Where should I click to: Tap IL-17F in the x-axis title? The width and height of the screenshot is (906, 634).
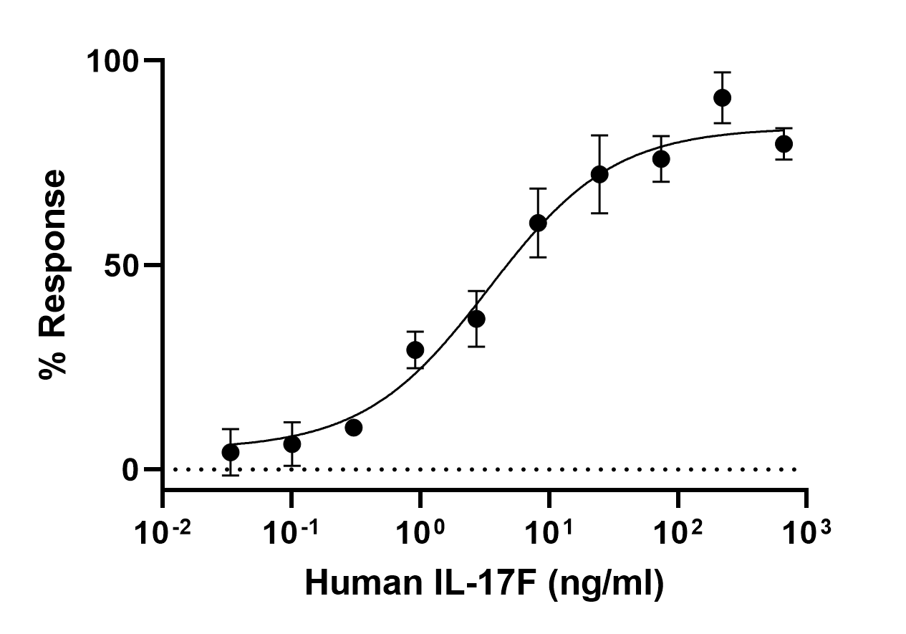(477, 583)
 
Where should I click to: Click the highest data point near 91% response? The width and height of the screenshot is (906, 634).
(722, 97)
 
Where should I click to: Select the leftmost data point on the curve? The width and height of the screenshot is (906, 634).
(231, 452)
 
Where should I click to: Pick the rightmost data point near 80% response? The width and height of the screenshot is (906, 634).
(784, 144)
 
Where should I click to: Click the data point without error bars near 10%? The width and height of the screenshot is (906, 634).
(353, 428)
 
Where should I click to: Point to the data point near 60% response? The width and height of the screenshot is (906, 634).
(538, 224)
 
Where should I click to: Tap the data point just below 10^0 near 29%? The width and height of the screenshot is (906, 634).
(415, 350)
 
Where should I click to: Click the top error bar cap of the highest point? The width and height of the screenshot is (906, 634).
(722, 72)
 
